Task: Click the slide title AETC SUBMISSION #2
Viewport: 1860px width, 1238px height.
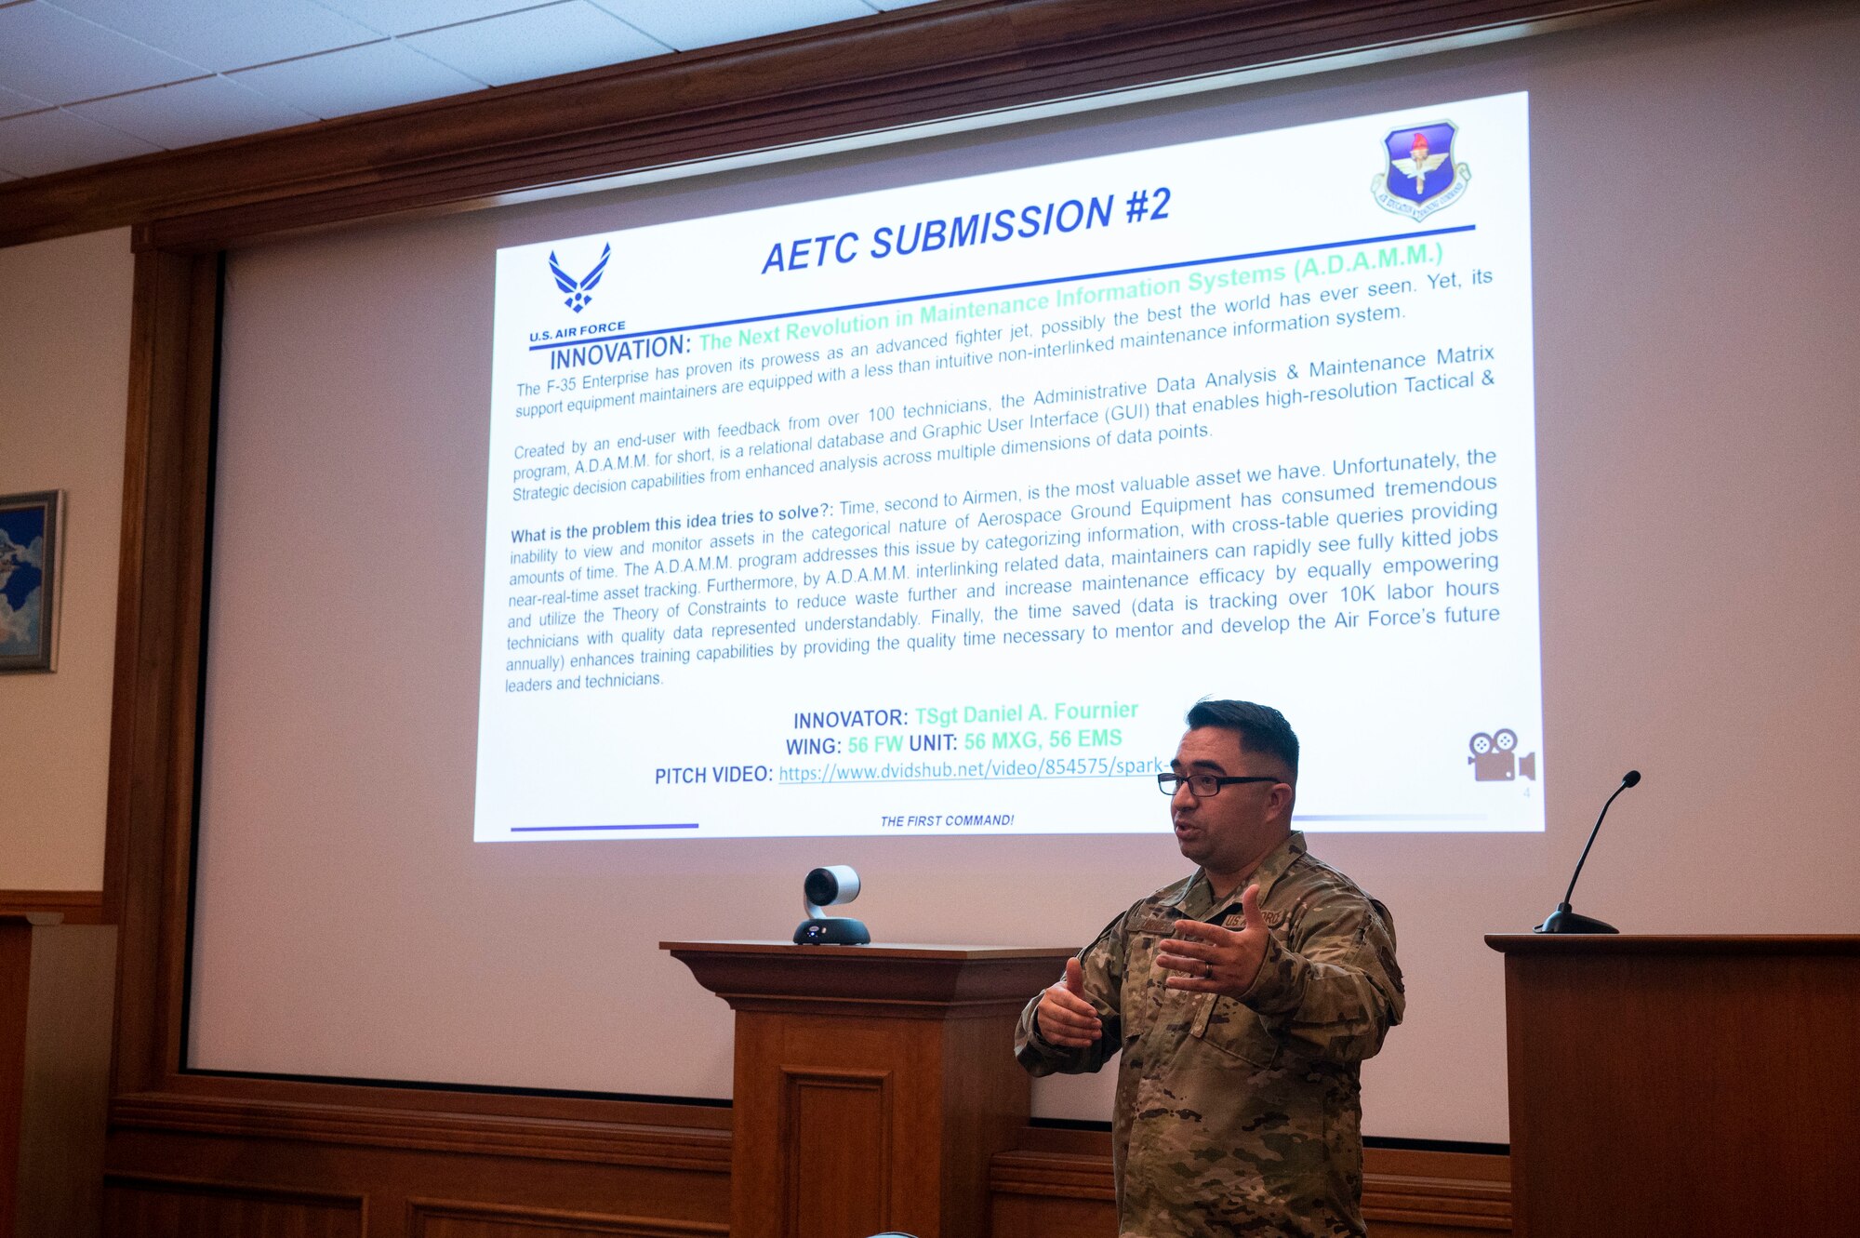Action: (x=965, y=233)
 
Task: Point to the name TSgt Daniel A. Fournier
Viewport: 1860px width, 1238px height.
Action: (x=1026, y=713)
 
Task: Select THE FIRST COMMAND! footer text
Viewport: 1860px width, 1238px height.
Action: (x=947, y=820)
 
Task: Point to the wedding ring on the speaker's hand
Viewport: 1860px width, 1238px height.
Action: (x=1208, y=970)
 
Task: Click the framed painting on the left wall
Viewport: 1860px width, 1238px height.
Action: (x=28, y=580)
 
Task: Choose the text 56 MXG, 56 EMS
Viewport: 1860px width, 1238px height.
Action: (x=1043, y=740)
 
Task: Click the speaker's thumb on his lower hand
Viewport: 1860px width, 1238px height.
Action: (x=1074, y=982)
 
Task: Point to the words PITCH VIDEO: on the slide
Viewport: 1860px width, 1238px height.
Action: (x=713, y=775)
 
